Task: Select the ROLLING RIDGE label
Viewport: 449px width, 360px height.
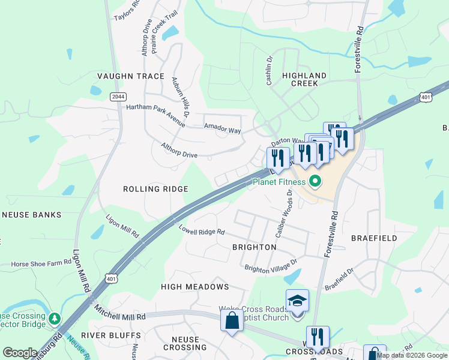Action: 155,189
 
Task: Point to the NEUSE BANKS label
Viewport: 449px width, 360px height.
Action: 31,214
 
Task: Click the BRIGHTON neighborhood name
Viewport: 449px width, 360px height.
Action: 254,247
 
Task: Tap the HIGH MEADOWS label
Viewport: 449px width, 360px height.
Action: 194,287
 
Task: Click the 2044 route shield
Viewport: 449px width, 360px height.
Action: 118,96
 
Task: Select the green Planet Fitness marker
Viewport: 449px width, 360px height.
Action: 315,181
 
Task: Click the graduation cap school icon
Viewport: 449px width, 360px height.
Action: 297,300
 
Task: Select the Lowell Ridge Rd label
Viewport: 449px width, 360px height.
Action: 201,229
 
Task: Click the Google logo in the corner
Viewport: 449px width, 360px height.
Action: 20,353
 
